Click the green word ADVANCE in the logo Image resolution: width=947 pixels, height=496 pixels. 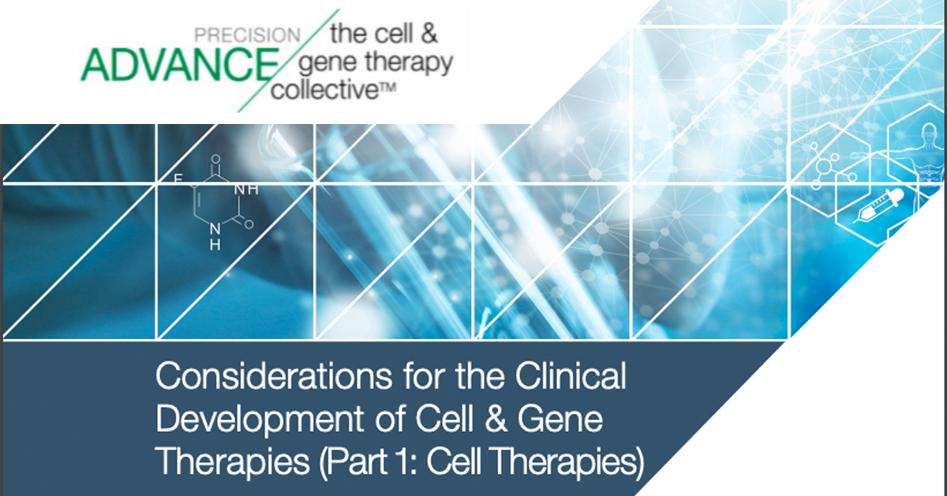pos(180,64)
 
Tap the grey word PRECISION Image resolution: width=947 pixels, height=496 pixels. pos(247,35)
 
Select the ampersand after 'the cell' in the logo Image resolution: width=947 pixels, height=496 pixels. pos(429,33)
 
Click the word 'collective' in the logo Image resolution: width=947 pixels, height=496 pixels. pos(324,90)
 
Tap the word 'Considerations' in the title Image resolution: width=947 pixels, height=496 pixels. pos(274,376)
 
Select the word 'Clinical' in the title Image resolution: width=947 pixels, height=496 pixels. pos(571,376)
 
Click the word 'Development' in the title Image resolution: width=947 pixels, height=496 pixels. pos(260,419)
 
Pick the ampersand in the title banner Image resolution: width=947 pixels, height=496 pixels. pos(496,419)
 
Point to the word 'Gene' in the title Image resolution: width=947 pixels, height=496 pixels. pos(560,419)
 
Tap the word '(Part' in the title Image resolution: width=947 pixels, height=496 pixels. pos(353,462)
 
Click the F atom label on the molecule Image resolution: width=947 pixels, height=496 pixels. pos(178,179)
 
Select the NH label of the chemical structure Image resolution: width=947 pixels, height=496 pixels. pos(246,190)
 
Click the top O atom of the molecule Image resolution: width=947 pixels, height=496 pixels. pos(215,159)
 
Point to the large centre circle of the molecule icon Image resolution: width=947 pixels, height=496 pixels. pos(824,166)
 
